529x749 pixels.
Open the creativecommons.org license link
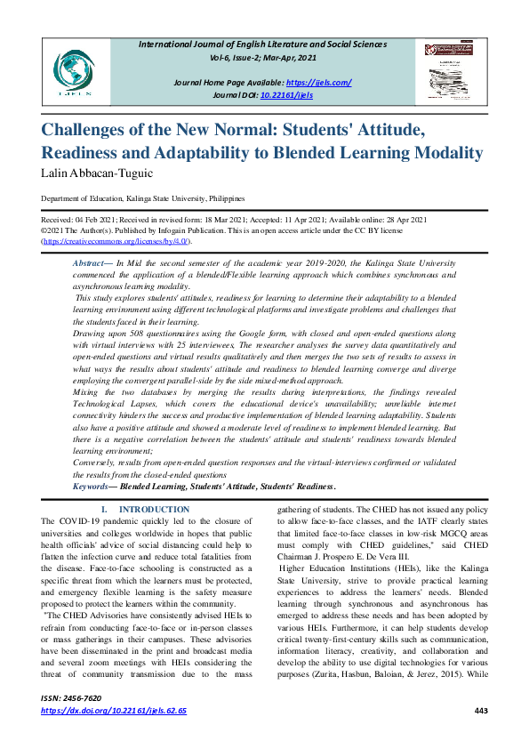pos(116,241)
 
